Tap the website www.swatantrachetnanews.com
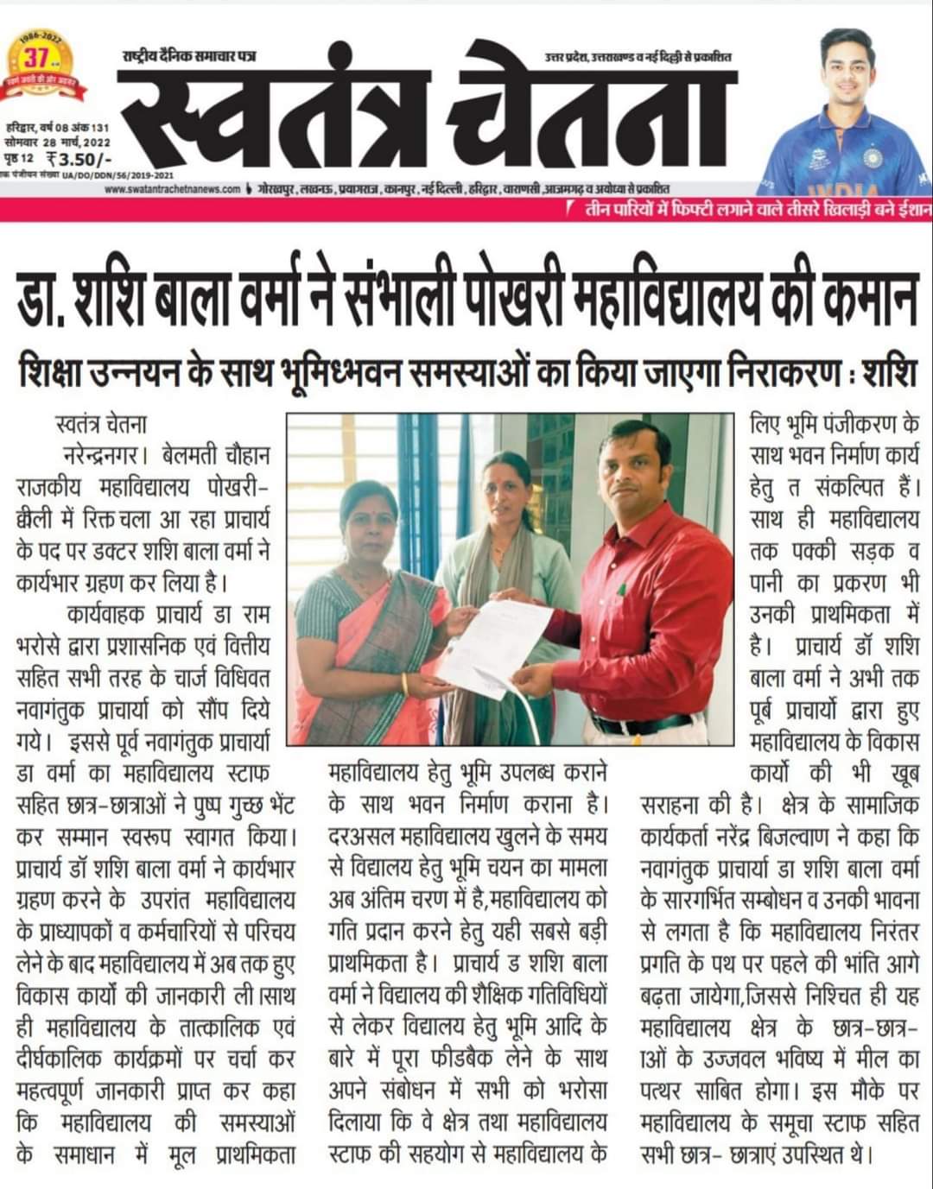click(171, 190)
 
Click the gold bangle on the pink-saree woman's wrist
click(404, 685)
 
